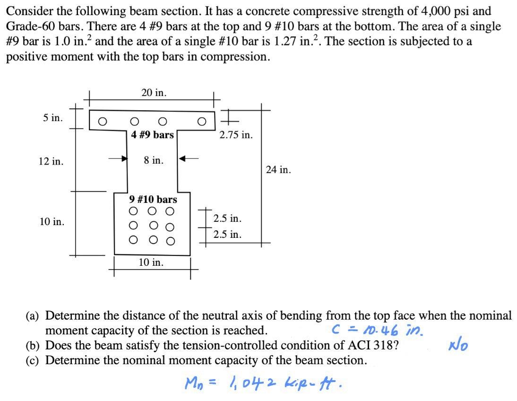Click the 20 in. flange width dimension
[x=154, y=93]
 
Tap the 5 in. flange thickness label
[x=52, y=118]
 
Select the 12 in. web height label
[x=51, y=161]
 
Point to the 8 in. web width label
[x=154, y=160]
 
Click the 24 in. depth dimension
[x=278, y=169]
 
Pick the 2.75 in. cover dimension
[x=236, y=135]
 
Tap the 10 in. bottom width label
[x=151, y=262]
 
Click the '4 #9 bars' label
[x=153, y=135]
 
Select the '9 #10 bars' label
[x=153, y=199]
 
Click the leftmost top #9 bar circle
[x=101, y=121]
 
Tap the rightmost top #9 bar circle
[x=202, y=121]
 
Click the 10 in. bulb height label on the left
[x=52, y=221]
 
